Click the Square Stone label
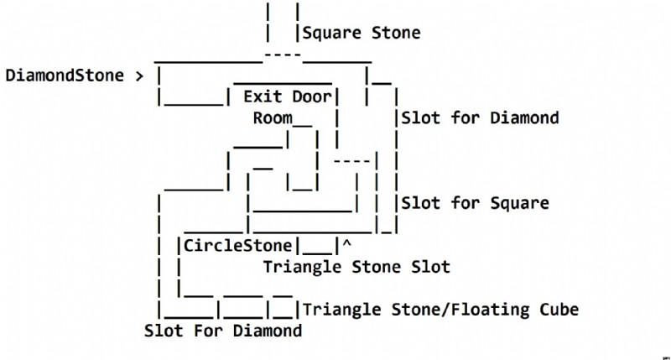click(x=362, y=33)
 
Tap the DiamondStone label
click(x=65, y=76)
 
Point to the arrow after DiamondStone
click(x=139, y=76)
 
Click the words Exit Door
click(x=288, y=97)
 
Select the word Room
click(x=273, y=117)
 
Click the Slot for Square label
click(x=475, y=203)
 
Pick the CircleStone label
click(x=238, y=246)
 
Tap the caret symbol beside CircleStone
click(x=346, y=243)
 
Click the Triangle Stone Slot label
click(x=356, y=267)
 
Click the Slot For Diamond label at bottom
click(x=223, y=331)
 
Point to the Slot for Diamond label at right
click(x=480, y=117)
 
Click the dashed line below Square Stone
click(x=283, y=55)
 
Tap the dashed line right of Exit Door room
click(x=351, y=161)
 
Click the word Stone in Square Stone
click(x=396, y=33)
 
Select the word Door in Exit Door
click(x=312, y=97)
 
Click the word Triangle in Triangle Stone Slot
click(x=302, y=268)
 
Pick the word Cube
click(x=559, y=310)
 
